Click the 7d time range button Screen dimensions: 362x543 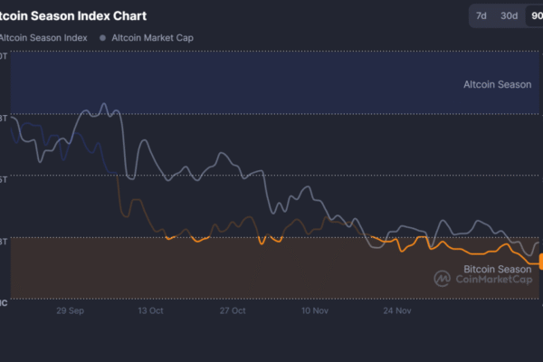click(x=481, y=15)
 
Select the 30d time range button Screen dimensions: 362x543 click(x=510, y=15)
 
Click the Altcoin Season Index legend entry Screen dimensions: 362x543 click(x=44, y=38)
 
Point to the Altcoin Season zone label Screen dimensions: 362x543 click(x=497, y=85)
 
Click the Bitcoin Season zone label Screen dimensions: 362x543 click(x=498, y=269)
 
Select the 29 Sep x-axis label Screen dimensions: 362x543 click(x=71, y=310)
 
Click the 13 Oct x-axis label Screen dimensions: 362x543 click(x=150, y=310)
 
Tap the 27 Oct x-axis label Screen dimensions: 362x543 click(x=233, y=310)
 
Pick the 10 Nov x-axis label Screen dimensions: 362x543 click(x=314, y=310)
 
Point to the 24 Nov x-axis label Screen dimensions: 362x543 click(x=397, y=310)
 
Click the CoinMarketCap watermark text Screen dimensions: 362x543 click(x=493, y=280)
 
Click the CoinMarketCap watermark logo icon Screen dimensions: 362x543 click(x=443, y=279)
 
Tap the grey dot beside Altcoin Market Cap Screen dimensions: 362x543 click(x=102, y=38)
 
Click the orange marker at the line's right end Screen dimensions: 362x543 click(x=540, y=262)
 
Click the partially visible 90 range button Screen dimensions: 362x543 click(x=536, y=15)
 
